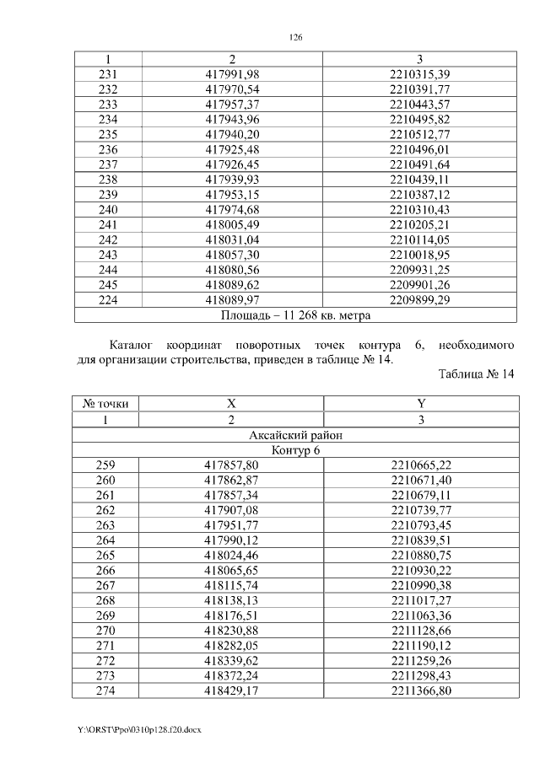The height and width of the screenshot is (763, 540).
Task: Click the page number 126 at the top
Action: [294, 38]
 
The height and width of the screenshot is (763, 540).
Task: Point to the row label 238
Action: [107, 180]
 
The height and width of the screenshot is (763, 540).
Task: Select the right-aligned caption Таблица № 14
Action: [477, 374]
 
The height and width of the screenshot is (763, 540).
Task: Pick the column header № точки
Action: [106, 404]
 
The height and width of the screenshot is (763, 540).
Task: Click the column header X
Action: [231, 404]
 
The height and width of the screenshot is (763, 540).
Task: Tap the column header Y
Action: [420, 404]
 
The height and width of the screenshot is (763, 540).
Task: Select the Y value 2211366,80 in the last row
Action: [420, 691]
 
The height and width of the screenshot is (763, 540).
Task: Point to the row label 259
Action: [107, 465]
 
